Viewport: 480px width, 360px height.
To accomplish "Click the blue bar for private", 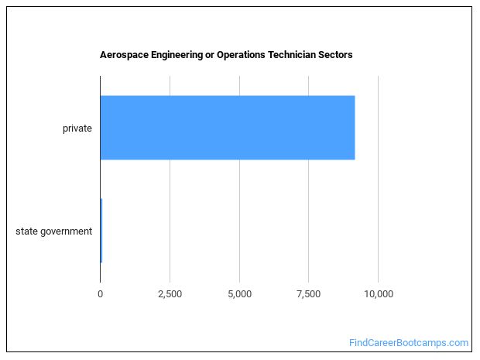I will click(227, 128).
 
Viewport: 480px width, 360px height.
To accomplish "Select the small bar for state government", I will click(101, 231).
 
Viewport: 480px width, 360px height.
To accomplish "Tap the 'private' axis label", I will click(77, 128).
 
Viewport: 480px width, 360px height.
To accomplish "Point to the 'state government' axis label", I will click(54, 231).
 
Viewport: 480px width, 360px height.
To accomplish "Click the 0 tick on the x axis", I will click(101, 294).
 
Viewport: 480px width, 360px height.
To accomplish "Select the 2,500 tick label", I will click(170, 294).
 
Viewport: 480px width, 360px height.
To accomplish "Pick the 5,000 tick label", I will click(239, 294).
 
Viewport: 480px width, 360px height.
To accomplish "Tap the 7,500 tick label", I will click(308, 294).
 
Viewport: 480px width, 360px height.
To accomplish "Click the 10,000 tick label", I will click(378, 294).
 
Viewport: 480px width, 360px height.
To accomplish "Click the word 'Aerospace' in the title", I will click(123, 55).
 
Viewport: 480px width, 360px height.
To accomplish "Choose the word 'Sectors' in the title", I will click(337, 55).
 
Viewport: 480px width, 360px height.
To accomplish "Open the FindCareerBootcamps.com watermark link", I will click(408, 342).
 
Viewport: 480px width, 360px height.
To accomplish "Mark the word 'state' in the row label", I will click(26, 231).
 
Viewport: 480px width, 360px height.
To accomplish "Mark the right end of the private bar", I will click(353, 128).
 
